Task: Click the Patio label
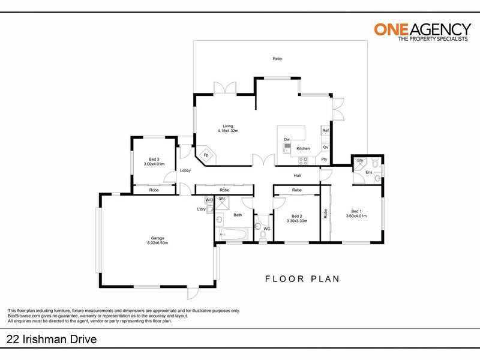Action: [x=277, y=58]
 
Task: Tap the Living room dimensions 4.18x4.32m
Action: [x=228, y=131]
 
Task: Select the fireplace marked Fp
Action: [x=206, y=155]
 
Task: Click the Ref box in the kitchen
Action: [x=325, y=130]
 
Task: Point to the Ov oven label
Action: [x=326, y=147]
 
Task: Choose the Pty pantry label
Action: [x=324, y=159]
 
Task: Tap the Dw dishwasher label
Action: [x=287, y=140]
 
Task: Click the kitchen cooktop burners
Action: [x=303, y=161]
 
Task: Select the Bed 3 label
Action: [x=154, y=159]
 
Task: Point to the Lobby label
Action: [x=185, y=170]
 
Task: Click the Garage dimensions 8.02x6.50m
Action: [x=158, y=243]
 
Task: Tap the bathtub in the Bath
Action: [x=233, y=235]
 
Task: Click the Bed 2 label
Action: [x=297, y=216]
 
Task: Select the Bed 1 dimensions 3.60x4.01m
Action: [x=356, y=216]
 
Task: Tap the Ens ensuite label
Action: [x=369, y=172]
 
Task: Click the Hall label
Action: [x=297, y=175]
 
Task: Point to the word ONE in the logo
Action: [x=391, y=29]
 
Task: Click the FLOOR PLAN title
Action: [x=302, y=279]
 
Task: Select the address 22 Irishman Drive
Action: [x=52, y=339]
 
